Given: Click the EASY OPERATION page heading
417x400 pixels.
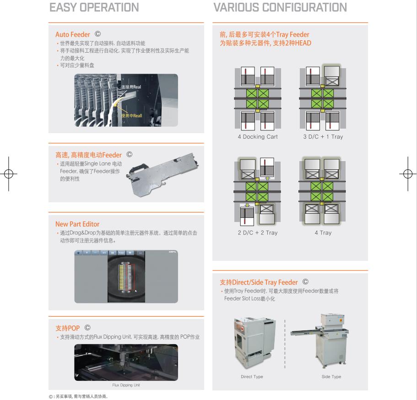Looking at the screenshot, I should tap(94, 8).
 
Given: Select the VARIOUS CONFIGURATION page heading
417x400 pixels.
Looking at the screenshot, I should tap(280, 8).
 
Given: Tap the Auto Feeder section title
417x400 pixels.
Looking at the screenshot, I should tap(73, 34).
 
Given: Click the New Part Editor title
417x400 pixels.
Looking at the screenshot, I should tap(77, 224).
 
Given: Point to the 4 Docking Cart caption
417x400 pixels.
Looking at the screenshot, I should tap(257, 137).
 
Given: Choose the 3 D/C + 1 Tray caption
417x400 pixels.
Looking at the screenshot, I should tap(323, 137).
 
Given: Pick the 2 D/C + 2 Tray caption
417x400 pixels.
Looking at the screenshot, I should tap(257, 232).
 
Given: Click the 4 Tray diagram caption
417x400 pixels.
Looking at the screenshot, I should tap(323, 232).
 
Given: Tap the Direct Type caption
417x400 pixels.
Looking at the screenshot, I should tap(252, 377).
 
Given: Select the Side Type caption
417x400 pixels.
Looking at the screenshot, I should tap(331, 377).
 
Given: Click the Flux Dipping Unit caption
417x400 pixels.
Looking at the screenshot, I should tap(126, 385).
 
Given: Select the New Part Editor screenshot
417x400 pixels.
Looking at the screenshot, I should tap(126, 276).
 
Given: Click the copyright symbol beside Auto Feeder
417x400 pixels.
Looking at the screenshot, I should tap(97, 34).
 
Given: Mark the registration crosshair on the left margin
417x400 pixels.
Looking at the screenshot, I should tap(8, 174).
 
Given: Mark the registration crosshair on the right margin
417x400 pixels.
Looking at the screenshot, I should tap(407, 174).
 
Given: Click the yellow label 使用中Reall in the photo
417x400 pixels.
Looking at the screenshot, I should tap(132, 115).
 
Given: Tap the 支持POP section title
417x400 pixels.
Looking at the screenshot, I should tap(67, 328).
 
